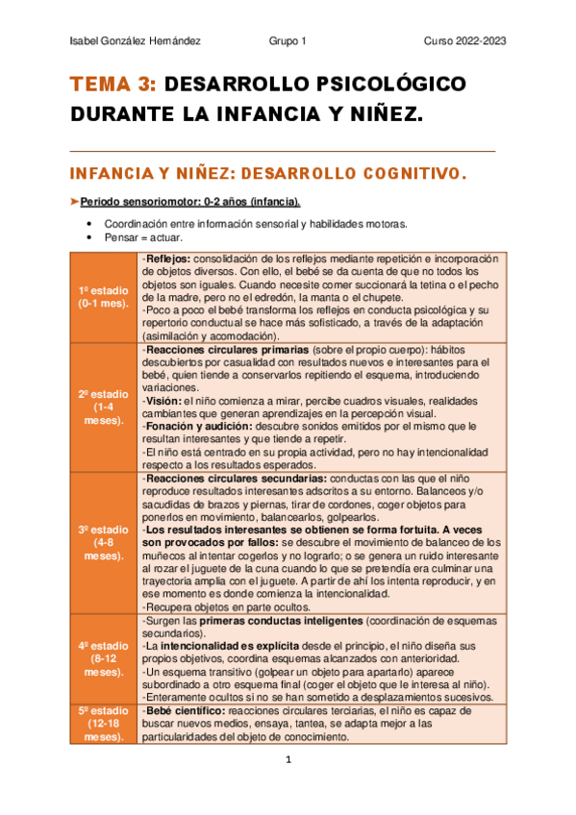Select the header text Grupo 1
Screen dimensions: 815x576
pos(288,41)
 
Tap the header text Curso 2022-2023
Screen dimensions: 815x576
pos(465,41)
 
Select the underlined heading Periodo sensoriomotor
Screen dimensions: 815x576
pos(189,202)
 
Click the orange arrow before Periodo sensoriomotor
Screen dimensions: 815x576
pos(75,202)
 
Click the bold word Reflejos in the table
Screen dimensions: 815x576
pos(168,259)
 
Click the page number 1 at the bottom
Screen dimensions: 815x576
pos(288,760)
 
